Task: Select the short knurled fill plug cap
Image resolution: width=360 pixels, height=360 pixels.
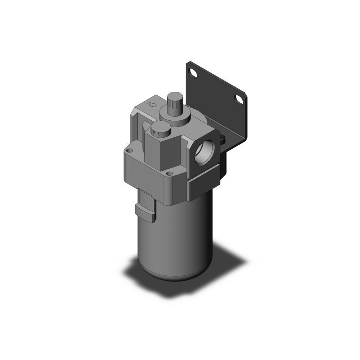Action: (159, 129)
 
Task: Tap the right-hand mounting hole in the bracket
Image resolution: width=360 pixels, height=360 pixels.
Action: (238, 100)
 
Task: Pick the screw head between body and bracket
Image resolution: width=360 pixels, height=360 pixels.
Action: (222, 140)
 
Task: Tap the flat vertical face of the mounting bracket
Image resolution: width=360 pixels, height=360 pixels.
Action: (218, 100)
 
